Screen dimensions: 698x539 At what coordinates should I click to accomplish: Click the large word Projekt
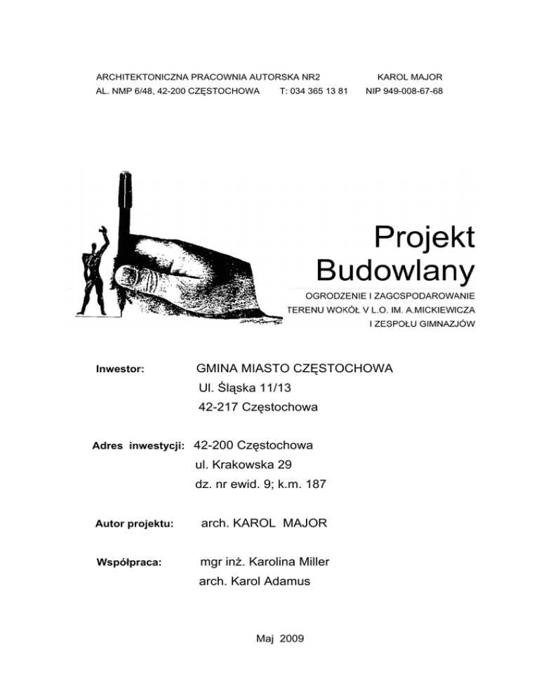[425, 235]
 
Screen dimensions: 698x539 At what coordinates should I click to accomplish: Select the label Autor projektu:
[134, 523]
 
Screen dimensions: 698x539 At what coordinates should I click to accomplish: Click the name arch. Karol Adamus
[254, 581]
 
